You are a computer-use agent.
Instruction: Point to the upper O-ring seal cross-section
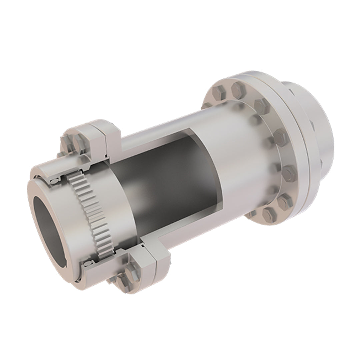[54, 181]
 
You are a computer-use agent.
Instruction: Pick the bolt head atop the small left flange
[80, 142]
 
